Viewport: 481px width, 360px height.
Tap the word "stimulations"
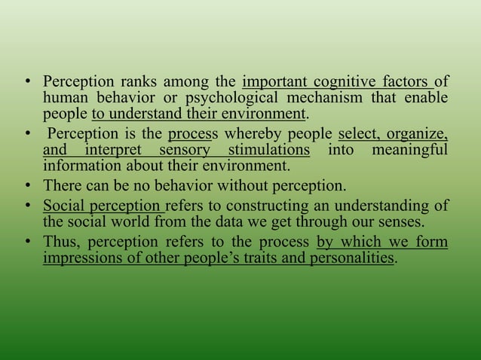(268, 151)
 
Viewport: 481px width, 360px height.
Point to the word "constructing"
(283, 205)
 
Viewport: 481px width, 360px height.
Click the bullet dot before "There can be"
(27, 185)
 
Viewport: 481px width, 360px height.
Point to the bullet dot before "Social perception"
(27, 205)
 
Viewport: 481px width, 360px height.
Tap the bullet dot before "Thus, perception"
(27, 243)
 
